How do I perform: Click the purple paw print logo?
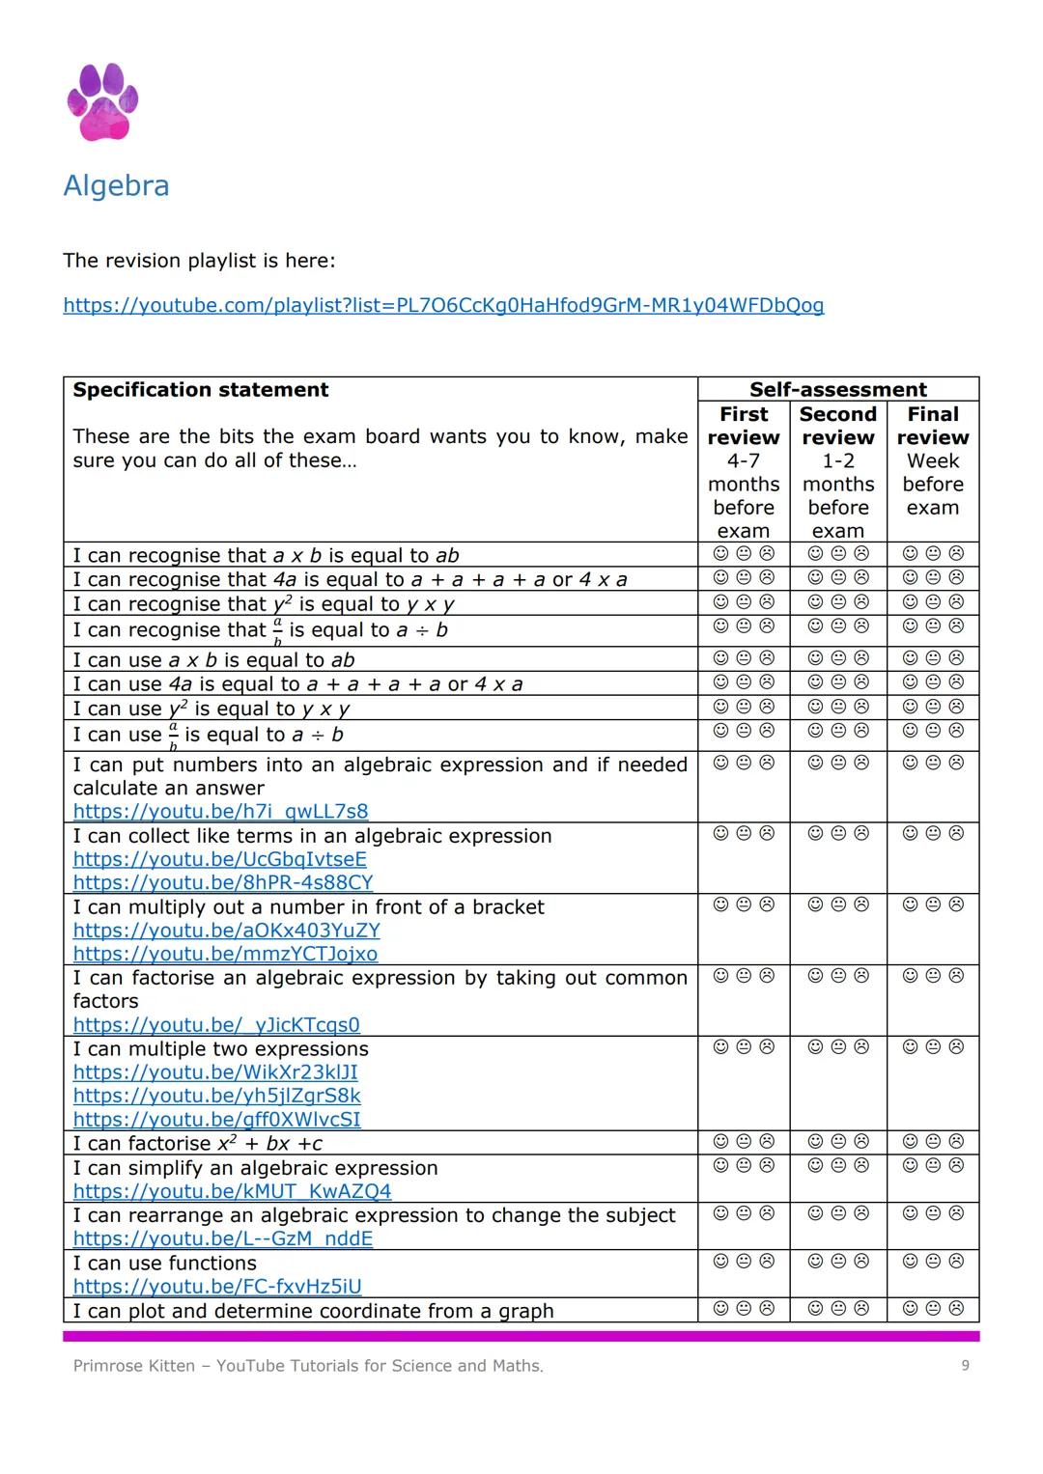[x=102, y=101]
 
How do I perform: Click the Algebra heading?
[x=116, y=185]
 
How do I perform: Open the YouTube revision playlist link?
[x=443, y=306]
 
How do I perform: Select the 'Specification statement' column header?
[x=201, y=390]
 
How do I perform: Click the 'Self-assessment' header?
[x=837, y=390]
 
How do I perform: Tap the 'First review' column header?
[x=744, y=426]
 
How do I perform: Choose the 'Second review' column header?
[x=837, y=426]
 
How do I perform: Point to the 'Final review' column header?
[x=932, y=426]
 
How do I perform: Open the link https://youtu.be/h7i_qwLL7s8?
[x=220, y=812]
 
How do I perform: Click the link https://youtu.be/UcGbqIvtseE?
[x=220, y=859]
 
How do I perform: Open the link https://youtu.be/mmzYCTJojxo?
[x=225, y=954]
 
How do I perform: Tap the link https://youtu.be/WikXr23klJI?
[x=215, y=1072]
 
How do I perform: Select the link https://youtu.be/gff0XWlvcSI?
[x=217, y=1120]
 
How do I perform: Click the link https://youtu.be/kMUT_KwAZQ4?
[x=232, y=1191]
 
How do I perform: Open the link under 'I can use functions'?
[x=217, y=1287]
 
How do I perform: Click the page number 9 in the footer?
[x=965, y=1365]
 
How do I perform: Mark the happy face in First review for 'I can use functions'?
[x=720, y=1261]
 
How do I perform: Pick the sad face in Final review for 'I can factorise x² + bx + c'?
[x=956, y=1141]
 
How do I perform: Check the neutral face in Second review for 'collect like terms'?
[x=838, y=833]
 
